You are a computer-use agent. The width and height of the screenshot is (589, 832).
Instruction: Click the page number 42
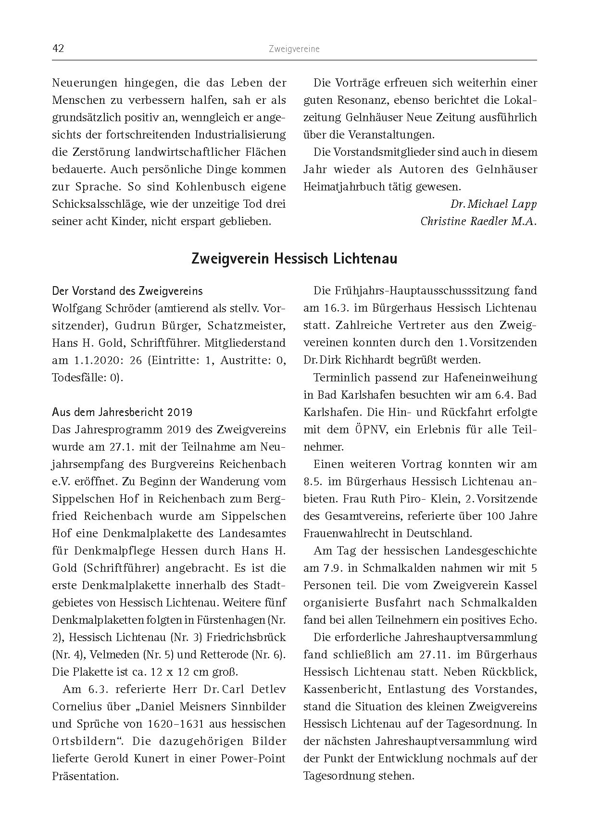point(58,49)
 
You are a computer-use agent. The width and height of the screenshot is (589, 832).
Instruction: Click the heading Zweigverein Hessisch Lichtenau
point(294,259)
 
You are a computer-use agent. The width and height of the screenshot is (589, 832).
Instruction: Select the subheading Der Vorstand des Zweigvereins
point(127,291)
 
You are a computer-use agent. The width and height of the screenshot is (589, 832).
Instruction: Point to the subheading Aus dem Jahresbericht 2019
point(122,412)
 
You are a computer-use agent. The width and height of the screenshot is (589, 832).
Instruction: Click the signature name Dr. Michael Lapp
point(493,204)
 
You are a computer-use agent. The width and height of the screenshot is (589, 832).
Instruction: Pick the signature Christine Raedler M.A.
point(478,221)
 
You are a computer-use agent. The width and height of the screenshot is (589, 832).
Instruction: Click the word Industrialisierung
point(240,135)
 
